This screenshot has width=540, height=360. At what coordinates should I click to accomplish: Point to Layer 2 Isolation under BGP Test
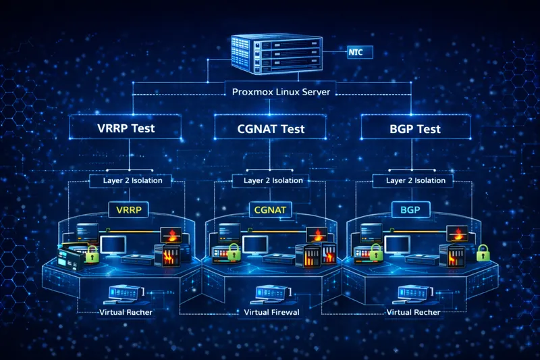pos(415,180)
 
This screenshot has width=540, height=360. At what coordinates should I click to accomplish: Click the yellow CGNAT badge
pos(271,210)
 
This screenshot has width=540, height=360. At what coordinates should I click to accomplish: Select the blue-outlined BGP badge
pos(410,210)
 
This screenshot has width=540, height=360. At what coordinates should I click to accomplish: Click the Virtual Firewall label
pos(271,313)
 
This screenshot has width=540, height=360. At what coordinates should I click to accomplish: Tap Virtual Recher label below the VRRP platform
pos(126,313)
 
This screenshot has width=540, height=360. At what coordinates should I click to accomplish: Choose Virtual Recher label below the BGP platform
pos(414,313)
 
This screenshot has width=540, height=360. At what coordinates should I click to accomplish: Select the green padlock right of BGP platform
pos(483,253)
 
